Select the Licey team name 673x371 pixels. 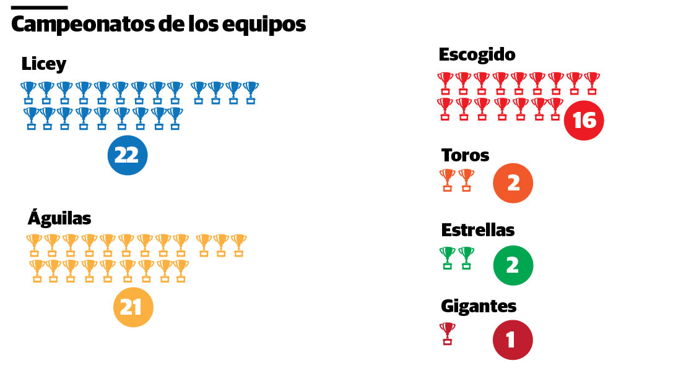click(43, 64)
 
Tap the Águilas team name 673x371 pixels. click(59, 218)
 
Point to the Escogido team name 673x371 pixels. click(477, 54)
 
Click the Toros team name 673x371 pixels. click(465, 155)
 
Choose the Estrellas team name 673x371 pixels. click(477, 230)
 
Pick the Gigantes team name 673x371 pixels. click(479, 306)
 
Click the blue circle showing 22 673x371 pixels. click(127, 155)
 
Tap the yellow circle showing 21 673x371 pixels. click(132, 307)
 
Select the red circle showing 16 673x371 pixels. click(583, 120)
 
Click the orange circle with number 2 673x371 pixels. click(513, 183)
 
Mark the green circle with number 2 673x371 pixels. click(513, 265)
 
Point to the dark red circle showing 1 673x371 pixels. click(512, 339)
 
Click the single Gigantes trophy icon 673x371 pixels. click(447, 333)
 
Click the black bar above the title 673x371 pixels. click(39, 7)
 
